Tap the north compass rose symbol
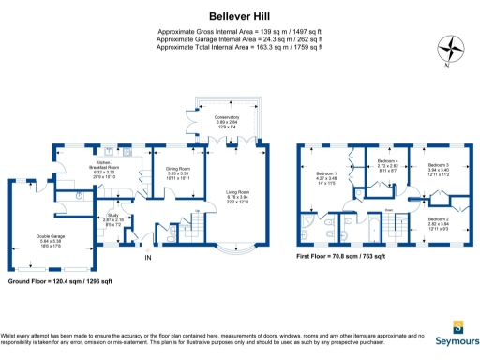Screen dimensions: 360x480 click(x=454, y=48)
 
